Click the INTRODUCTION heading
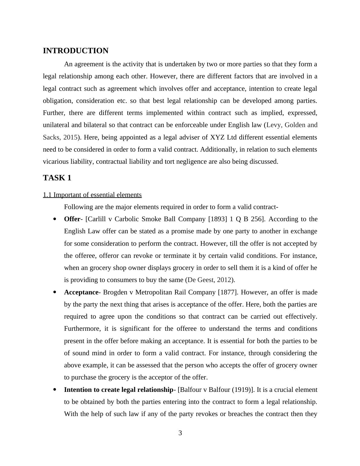(x=76, y=51)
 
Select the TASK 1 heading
(x=57, y=178)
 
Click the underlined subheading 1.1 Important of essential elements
(x=92, y=195)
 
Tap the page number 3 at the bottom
(x=180, y=433)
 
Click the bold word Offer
(x=72, y=219)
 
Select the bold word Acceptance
(x=81, y=292)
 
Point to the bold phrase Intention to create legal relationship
(x=118, y=390)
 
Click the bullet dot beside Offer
(x=54, y=219)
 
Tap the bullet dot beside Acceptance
(x=54, y=292)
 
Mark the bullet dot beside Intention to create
(x=54, y=390)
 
